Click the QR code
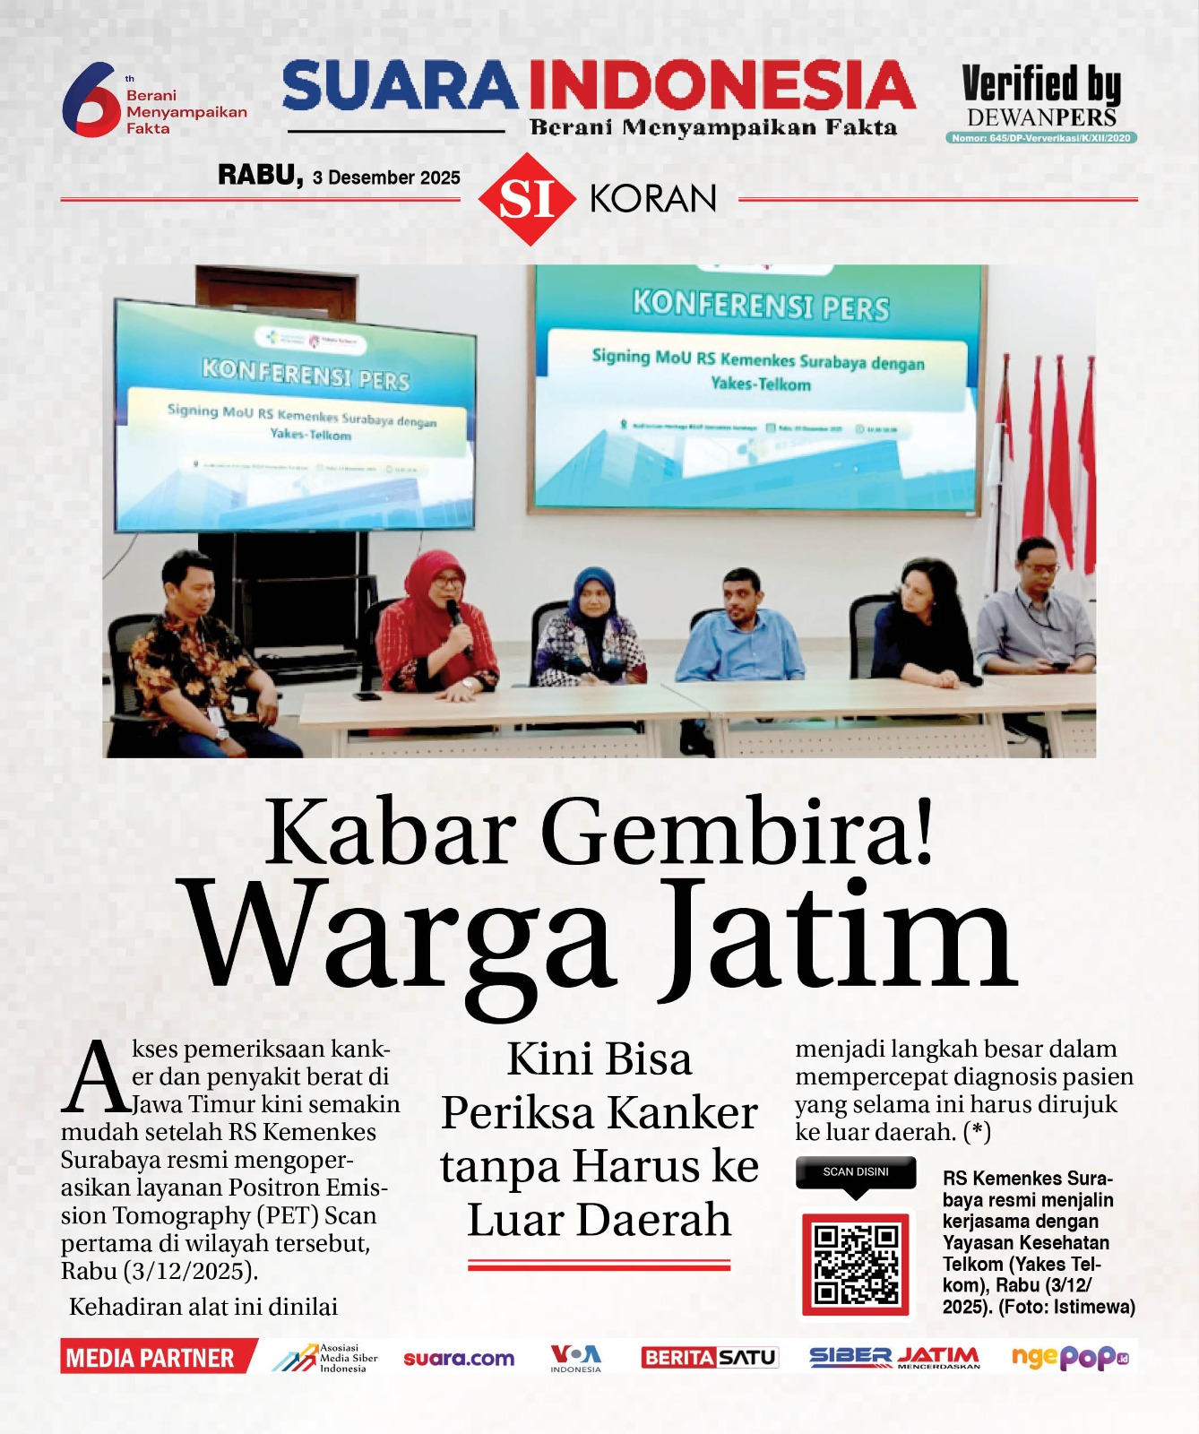pos(856,1265)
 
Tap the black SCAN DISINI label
pos(856,1172)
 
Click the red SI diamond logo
pos(527,199)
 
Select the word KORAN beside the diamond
pos(653,199)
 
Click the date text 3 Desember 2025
pos(386,177)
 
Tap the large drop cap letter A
pos(95,1078)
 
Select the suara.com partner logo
pos(459,1358)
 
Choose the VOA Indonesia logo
pos(575,1357)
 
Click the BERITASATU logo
pos(709,1357)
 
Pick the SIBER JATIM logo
pos(894,1357)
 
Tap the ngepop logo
pos(1069,1357)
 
